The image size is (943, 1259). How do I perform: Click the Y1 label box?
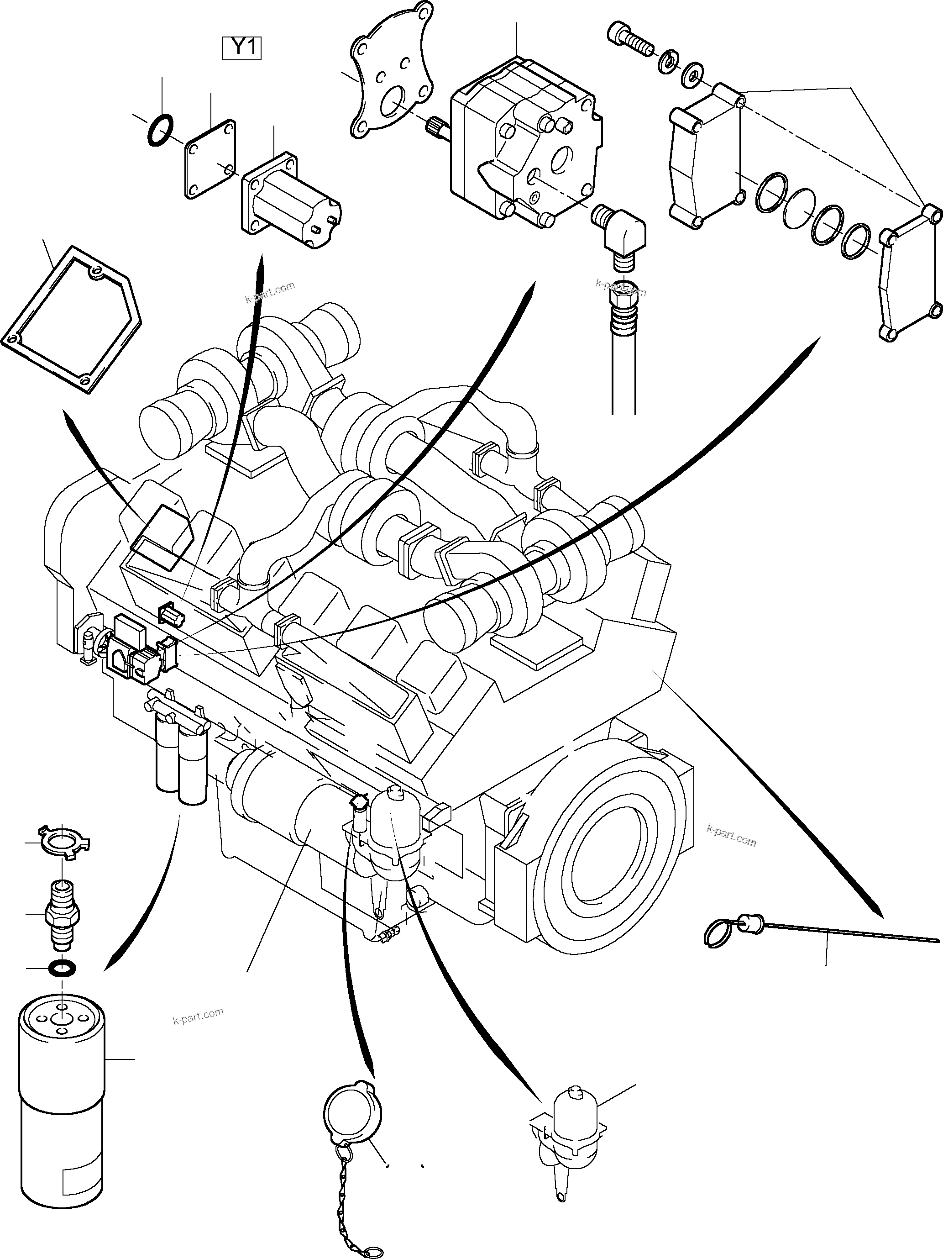[242, 48]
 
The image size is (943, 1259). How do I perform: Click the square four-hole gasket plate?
[210, 159]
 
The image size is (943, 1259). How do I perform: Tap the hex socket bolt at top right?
[629, 40]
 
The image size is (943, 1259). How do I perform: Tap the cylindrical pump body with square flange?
[291, 203]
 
